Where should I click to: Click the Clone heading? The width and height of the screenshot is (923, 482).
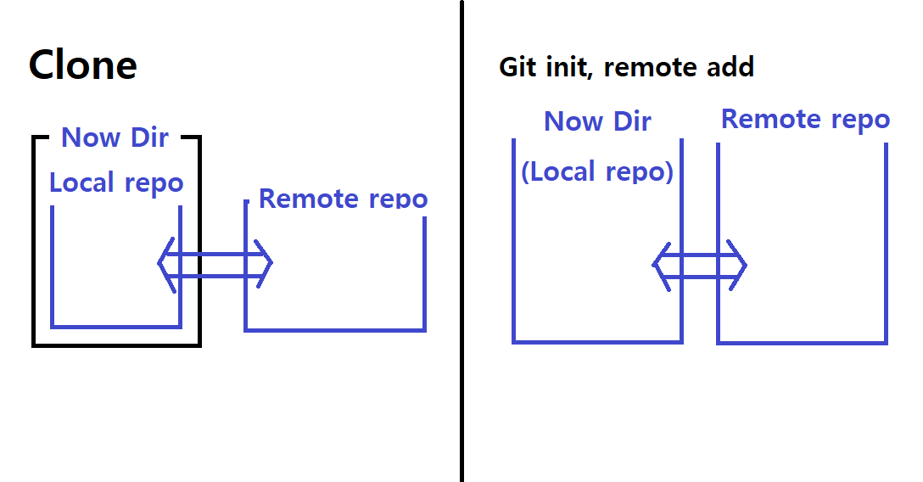tap(82, 65)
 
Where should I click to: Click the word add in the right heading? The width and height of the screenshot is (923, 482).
tap(729, 67)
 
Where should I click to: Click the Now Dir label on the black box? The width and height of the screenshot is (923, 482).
tap(115, 137)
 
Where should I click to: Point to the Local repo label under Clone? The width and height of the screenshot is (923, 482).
tap(116, 183)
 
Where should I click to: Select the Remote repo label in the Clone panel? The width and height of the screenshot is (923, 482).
tap(343, 199)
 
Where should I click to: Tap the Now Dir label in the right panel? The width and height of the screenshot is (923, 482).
tap(597, 121)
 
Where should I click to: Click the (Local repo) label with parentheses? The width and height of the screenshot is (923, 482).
tap(597, 171)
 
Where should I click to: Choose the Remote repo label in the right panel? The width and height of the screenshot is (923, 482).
tap(805, 120)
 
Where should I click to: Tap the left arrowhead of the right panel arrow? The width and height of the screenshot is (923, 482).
tap(658, 265)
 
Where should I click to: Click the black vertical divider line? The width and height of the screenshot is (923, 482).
tap(462, 255)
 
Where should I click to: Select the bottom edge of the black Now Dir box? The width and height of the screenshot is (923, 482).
tap(116, 345)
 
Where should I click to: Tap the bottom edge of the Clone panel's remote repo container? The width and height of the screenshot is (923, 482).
tap(335, 329)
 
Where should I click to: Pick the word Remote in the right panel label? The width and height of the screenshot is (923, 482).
tap(767, 120)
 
